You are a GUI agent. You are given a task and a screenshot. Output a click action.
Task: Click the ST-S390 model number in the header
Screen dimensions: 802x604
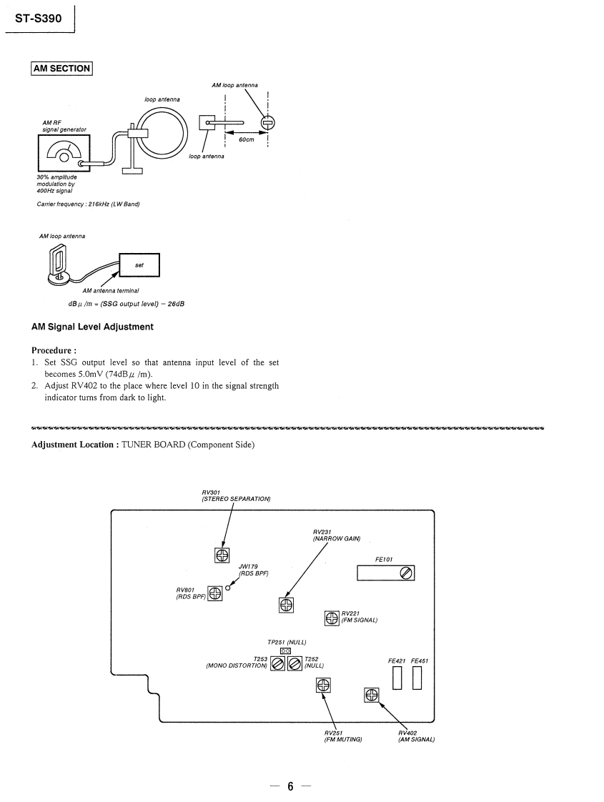click(40, 19)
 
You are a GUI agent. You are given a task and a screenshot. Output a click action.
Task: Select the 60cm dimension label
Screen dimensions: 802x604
click(247, 139)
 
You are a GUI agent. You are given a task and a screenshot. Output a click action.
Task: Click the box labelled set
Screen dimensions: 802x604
click(139, 265)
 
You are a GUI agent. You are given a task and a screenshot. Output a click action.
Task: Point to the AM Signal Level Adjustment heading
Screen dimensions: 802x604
click(92, 327)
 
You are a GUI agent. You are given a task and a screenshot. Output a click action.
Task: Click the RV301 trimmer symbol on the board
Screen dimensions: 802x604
click(222, 555)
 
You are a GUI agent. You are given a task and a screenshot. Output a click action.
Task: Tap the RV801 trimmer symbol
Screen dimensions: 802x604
click(214, 593)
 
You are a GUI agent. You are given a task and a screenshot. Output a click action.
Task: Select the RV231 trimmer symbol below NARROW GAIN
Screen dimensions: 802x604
click(286, 605)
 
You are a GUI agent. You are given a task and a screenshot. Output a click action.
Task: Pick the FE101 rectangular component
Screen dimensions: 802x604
click(385, 573)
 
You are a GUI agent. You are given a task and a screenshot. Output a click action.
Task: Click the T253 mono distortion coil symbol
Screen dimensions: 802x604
click(277, 664)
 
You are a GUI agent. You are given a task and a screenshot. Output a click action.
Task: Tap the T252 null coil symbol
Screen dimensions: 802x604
click(294, 664)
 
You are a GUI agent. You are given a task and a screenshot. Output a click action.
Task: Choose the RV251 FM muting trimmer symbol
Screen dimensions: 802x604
click(323, 685)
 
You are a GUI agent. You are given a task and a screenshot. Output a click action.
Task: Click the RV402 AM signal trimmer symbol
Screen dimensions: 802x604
click(372, 694)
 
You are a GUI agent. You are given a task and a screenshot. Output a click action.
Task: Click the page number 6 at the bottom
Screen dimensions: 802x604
click(291, 786)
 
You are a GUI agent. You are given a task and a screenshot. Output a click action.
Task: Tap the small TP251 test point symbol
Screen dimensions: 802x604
click(285, 650)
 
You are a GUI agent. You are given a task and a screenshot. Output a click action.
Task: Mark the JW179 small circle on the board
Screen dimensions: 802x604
click(228, 588)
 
